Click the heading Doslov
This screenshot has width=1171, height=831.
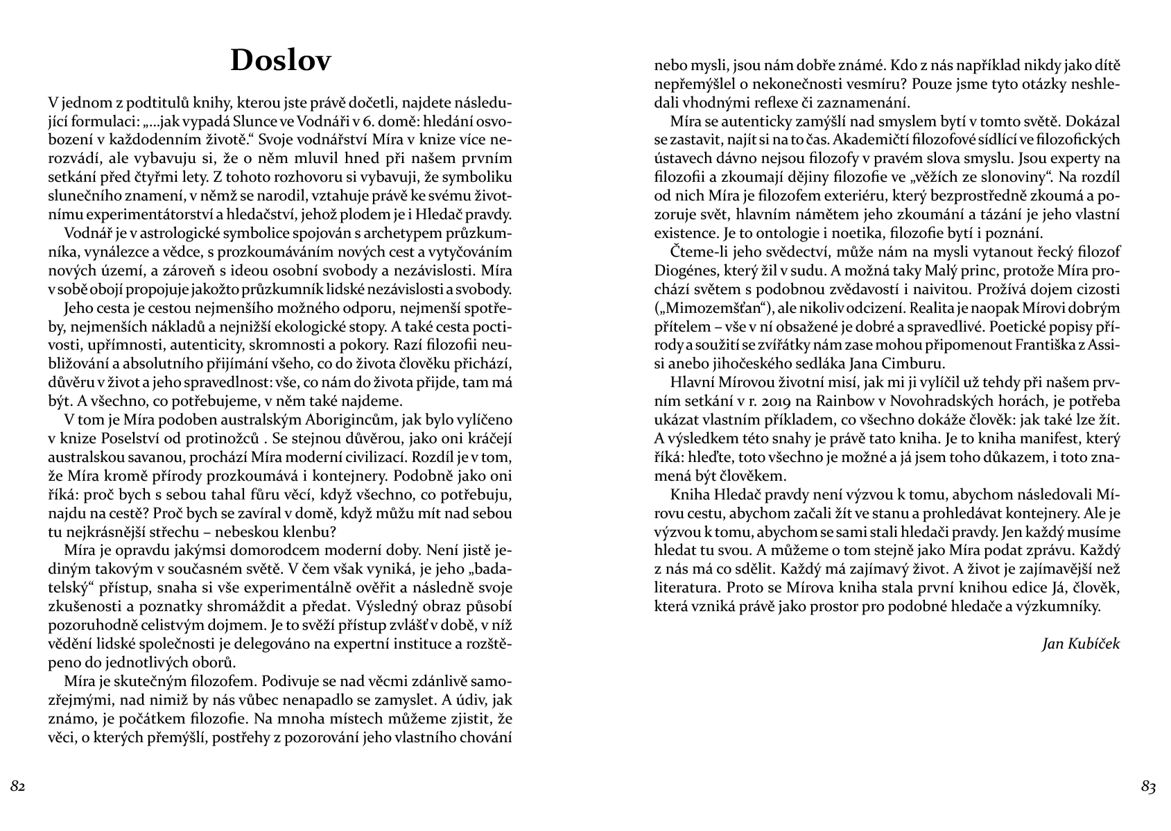coord(281,60)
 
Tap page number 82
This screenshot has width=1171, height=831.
coord(18,786)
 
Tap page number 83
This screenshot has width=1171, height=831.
coord(1148,786)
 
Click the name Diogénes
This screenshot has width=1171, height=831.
coord(686,270)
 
